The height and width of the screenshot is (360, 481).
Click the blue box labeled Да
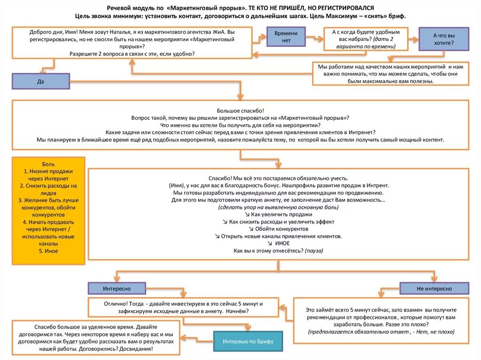[x=41, y=81]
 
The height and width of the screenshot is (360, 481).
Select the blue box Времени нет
[x=286, y=37]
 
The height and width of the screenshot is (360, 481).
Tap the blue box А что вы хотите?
[x=443, y=39]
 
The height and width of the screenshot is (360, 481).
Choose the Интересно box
[x=117, y=288]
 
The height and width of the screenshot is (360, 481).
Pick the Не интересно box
[x=434, y=289]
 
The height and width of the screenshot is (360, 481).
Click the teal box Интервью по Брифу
[x=248, y=341]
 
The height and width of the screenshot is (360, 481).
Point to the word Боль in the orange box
[x=48, y=164]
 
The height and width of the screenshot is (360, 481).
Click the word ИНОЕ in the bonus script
[x=282, y=244]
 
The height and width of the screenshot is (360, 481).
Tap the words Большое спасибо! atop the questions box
[x=240, y=110]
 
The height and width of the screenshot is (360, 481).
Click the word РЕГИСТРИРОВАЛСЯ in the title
[x=347, y=8]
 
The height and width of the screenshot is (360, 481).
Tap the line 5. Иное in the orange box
[x=48, y=251]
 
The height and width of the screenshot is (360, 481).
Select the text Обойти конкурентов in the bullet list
[x=282, y=229]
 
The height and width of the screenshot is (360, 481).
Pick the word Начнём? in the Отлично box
[x=237, y=311]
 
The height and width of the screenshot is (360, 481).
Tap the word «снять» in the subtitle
[x=374, y=16]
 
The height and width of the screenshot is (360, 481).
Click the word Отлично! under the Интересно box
[x=117, y=304]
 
